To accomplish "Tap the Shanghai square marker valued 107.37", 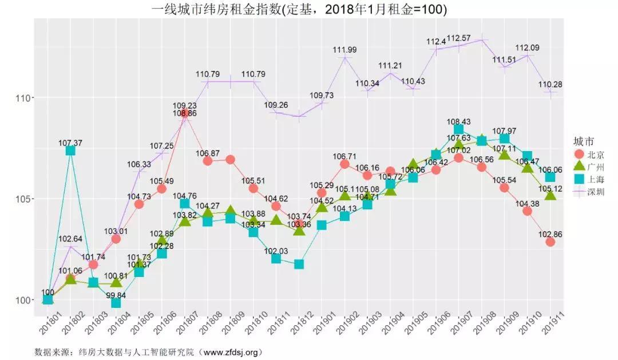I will [x=70, y=151].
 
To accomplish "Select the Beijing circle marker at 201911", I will [x=550, y=242].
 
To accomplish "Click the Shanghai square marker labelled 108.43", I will [x=458, y=129].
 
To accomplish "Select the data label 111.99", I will [x=344, y=50].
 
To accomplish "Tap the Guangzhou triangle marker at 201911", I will [x=550, y=196].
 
